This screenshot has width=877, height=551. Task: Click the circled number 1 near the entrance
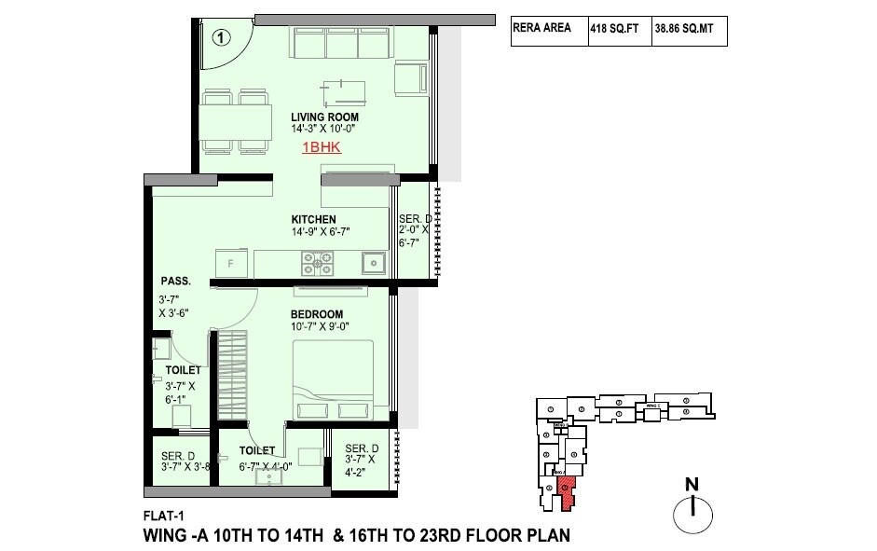(220, 38)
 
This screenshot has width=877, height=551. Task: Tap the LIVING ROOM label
(298, 117)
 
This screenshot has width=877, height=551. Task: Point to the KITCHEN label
(311, 220)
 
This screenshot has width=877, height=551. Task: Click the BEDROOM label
(316, 314)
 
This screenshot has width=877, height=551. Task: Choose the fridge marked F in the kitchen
(230, 263)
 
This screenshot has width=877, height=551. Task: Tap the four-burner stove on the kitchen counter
(318, 264)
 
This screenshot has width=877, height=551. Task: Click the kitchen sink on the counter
(374, 263)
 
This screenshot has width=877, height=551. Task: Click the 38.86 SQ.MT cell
(688, 31)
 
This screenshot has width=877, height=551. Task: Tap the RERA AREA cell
(547, 30)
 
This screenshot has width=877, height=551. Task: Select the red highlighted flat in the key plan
(563, 492)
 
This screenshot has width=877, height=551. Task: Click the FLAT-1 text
(162, 516)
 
